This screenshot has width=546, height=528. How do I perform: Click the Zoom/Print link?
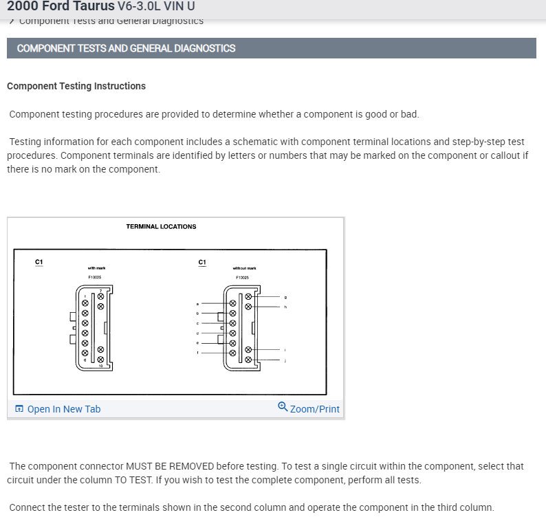pos(314,409)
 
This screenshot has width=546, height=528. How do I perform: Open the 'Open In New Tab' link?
pos(63,409)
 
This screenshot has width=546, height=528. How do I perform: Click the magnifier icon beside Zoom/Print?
pos(283,407)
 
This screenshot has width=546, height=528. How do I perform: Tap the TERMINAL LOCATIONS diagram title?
pos(161,226)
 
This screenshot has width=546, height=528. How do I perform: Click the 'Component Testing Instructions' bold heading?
pos(76,86)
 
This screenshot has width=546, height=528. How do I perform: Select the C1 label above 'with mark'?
pos(39,262)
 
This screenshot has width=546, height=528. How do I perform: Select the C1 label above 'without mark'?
pos(202,262)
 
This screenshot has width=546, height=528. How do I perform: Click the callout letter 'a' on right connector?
pos(198,303)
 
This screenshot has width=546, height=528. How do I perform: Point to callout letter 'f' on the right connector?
pos(198,353)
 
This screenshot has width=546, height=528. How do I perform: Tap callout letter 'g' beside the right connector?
pos(285,297)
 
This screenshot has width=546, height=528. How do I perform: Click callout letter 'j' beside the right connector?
pos(285,360)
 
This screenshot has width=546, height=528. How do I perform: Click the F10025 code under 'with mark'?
pos(95,277)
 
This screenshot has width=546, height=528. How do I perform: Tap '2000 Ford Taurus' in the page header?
pos(61,6)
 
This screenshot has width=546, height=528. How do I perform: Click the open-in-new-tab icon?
pos(19,409)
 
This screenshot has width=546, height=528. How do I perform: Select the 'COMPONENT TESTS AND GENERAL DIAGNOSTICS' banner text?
pos(126,48)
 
